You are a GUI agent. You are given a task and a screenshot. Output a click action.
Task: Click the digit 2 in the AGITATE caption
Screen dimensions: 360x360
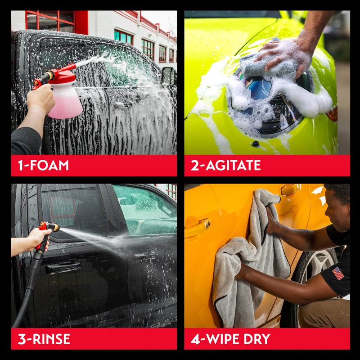195,165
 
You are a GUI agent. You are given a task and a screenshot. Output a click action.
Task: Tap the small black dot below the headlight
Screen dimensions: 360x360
256,144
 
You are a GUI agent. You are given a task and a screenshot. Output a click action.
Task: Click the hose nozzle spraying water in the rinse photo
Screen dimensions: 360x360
49,227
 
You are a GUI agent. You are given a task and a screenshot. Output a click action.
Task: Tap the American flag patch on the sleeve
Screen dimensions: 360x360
337,273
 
